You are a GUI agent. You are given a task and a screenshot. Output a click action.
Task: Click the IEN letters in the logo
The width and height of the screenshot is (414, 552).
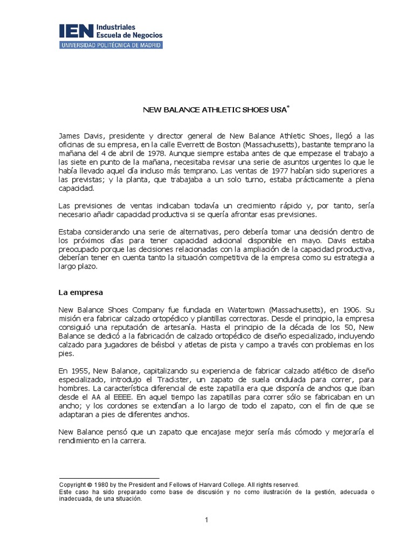(x=75, y=31)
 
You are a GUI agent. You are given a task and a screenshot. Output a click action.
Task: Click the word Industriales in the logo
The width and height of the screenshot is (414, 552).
(x=115, y=26)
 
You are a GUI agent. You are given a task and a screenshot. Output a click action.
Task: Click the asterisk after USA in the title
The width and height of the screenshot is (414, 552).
(x=288, y=107)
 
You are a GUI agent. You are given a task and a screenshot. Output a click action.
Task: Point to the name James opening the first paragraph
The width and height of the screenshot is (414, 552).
(x=70, y=136)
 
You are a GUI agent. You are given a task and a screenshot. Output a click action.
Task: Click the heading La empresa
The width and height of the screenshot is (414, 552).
(x=80, y=292)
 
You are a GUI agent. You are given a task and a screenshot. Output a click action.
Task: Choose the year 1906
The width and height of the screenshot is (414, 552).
(x=339, y=310)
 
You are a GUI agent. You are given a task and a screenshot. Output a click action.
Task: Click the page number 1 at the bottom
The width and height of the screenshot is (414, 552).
(x=206, y=520)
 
